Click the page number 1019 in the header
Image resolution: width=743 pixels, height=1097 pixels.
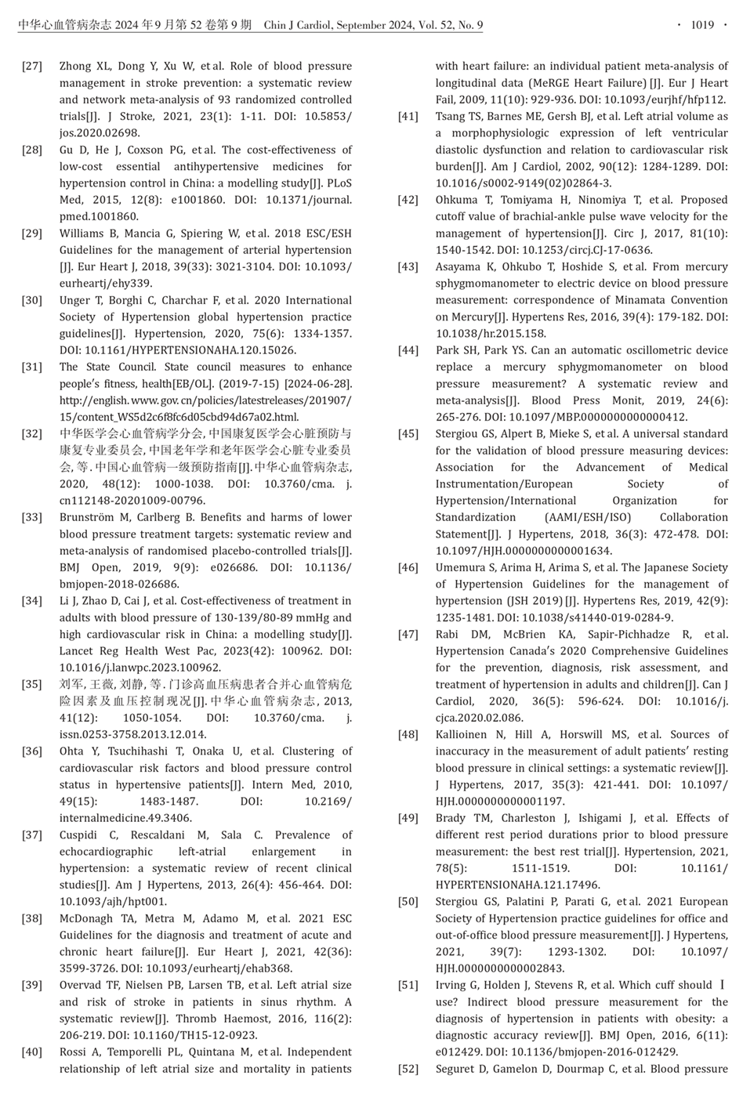(701, 25)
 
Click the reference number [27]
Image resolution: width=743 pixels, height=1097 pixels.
(32, 66)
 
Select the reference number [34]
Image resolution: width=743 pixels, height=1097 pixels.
(32, 601)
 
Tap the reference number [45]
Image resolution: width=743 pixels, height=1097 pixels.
(408, 433)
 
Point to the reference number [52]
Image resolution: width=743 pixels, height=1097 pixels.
(408, 1069)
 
